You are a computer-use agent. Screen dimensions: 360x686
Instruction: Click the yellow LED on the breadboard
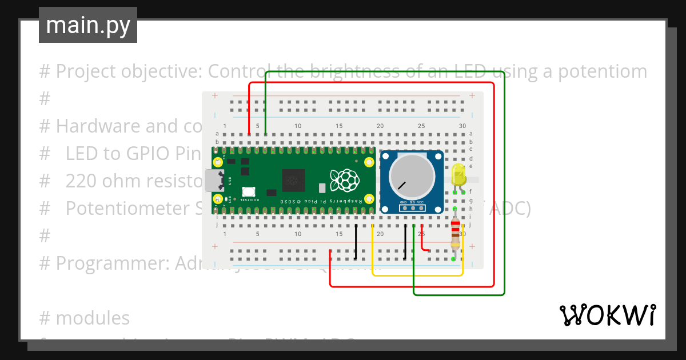[x=458, y=174]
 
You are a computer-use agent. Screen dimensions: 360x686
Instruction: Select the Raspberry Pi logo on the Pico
[x=345, y=180]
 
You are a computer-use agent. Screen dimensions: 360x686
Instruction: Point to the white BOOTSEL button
[x=248, y=193]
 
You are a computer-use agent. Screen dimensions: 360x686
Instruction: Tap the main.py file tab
[x=88, y=25]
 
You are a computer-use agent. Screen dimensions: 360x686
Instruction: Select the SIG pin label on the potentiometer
[x=412, y=202]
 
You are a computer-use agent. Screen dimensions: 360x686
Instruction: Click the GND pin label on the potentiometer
[x=404, y=202]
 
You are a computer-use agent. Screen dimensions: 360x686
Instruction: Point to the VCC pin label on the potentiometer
[x=420, y=202]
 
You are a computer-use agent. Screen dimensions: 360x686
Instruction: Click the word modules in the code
[x=93, y=318]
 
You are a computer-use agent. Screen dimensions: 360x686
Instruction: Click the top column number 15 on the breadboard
[x=339, y=126]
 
